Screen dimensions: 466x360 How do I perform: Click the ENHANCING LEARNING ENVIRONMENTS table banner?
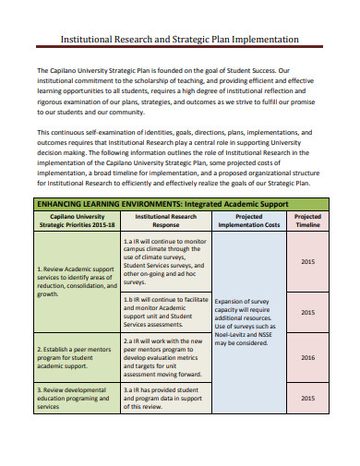[x=162, y=203]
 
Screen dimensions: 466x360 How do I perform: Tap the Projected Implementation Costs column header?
[x=247, y=221]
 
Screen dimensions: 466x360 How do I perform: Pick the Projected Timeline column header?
[x=307, y=221]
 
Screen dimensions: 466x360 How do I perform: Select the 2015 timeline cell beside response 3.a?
[x=307, y=398]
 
